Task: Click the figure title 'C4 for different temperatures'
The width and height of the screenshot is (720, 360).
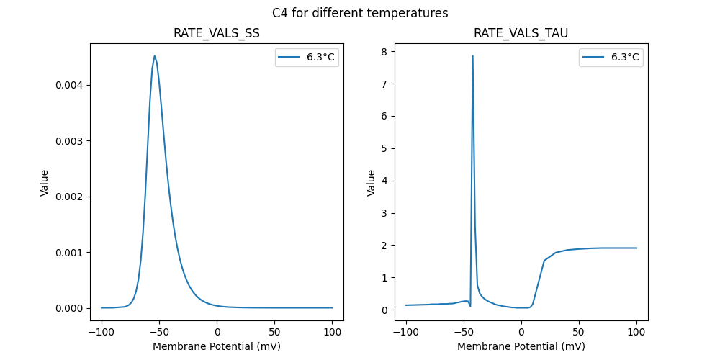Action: pyautogui.click(x=360, y=13)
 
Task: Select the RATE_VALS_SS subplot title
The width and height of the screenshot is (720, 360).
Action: pyautogui.click(x=217, y=33)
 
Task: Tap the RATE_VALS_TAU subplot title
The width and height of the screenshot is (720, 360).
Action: pyautogui.click(x=521, y=33)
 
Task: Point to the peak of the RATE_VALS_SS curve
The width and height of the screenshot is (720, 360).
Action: pyautogui.click(x=154, y=55)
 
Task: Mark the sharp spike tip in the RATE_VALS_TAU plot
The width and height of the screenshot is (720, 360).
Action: pyautogui.click(x=472, y=55)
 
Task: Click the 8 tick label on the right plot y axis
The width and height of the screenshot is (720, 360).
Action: pyautogui.click(x=385, y=52)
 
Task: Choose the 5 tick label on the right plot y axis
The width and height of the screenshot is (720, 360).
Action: pyautogui.click(x=385, y=148)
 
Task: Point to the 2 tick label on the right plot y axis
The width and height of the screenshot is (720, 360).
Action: pyautogui.click(x=385, y=246)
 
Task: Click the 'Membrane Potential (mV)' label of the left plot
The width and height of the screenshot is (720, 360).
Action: pyautogui.click(x=217, y=346)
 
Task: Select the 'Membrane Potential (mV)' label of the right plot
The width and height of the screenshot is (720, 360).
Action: pyautogui.click(x=521, y=346)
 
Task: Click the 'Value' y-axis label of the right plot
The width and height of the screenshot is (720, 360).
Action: pyautogui.click(x=372, y=182)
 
